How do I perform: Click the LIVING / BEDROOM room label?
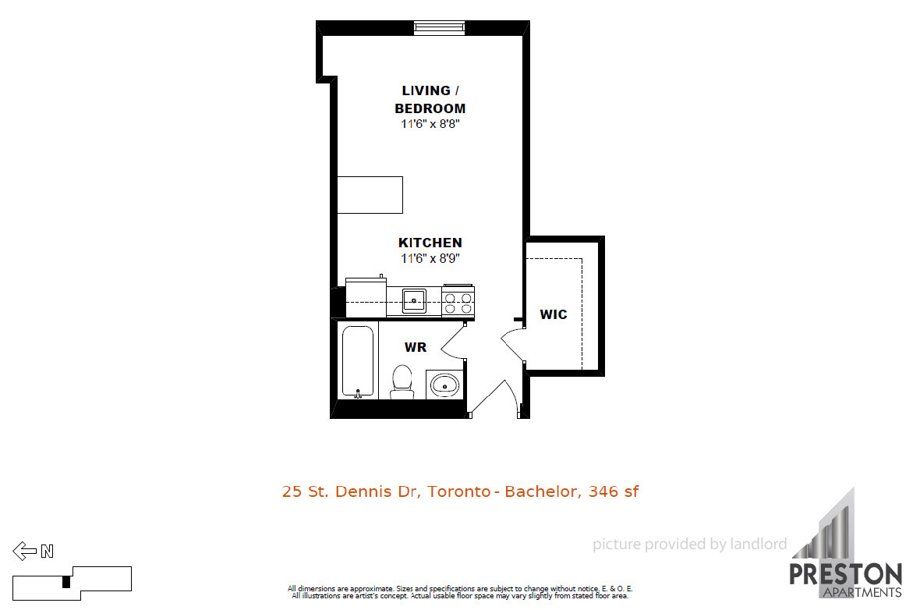(430, 99)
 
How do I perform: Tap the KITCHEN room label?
(430, 243)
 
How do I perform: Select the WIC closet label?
(554, 314)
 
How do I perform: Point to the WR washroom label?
(416, 347)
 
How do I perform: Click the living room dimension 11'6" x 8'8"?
(430, 124)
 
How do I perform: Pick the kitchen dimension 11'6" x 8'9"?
(430, 258)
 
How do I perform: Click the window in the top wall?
(440, 27)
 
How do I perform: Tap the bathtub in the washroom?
(358, 361)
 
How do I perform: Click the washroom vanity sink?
(444, 385)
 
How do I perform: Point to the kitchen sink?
(414, 300)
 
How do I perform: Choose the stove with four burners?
(458, 301)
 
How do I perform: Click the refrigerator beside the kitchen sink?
(366, 298)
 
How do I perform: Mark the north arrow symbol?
(25, 551)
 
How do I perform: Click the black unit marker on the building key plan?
(66, 582)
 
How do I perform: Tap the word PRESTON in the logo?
(845, 574)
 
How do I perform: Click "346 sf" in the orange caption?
(613, 491)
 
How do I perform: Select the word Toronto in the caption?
(458, 491)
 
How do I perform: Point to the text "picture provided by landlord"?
(689, 544)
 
